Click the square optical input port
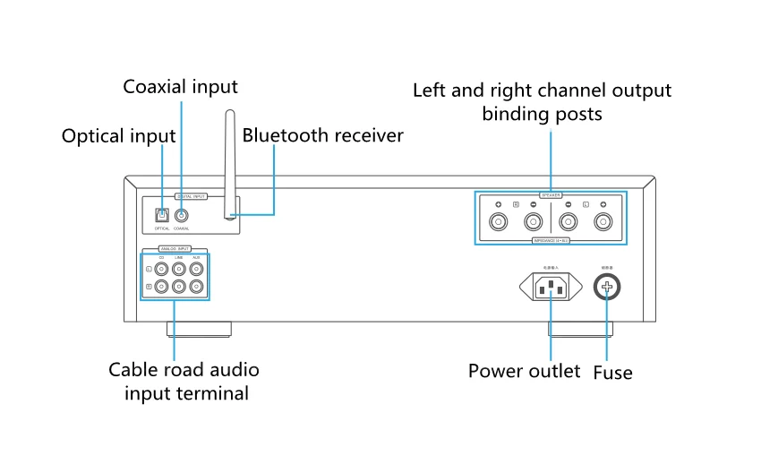point(162,215)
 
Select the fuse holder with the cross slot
point(609,287)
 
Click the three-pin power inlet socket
point(551,287)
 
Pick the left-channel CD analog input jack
point(161,268)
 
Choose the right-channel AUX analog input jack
point(196,288)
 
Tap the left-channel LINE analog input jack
point(179,268)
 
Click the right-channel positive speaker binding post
point(497,222)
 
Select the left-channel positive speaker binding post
point(603,222)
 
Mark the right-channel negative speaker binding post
point(532,222)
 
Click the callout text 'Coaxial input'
point(181,87)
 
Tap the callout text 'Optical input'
point(118,136)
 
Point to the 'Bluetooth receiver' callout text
point(322,136)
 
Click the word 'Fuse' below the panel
point(612,371)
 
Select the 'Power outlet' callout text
point(524,371)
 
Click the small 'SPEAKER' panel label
point(551,194)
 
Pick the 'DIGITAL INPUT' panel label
point(191,194)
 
